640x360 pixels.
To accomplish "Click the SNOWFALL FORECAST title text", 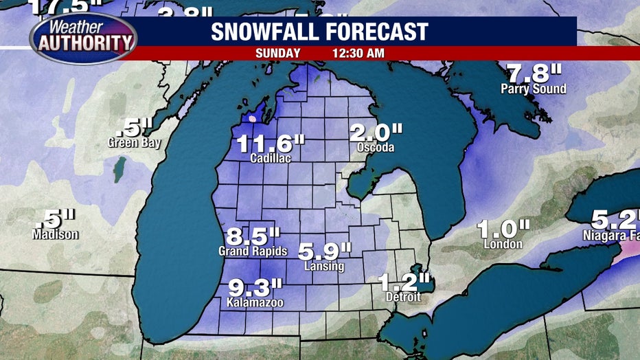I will [x=319, y=32].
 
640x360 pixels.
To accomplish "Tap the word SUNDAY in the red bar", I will [x=278, y=53].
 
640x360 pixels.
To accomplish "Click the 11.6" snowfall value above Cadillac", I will [x=271, y=144].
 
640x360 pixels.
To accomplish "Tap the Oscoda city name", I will [x=376, y=148].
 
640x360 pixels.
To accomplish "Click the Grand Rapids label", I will [x=253, y=251].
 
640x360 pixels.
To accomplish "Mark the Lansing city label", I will [x=325, y=267].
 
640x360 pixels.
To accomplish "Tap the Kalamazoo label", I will [x=257, y=302].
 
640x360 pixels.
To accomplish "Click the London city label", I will [x=505, y=244].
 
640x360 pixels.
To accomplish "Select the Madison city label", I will [x=55, y=234].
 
